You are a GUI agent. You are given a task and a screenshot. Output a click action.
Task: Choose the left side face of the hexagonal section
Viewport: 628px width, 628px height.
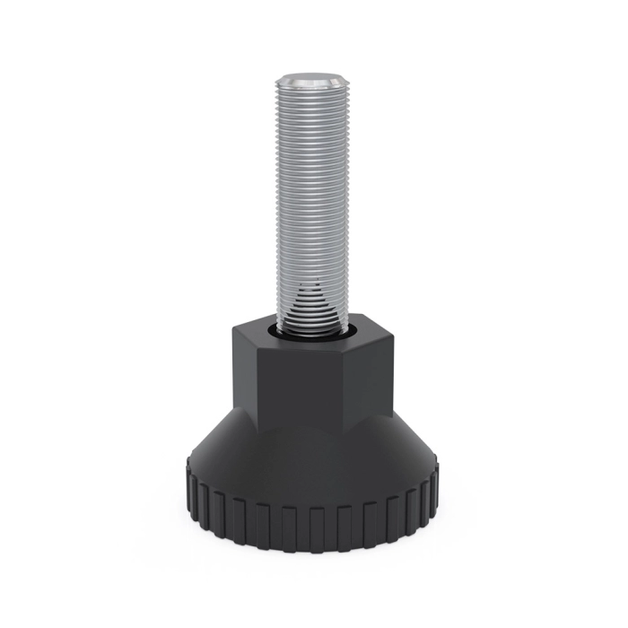click(245, 377)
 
